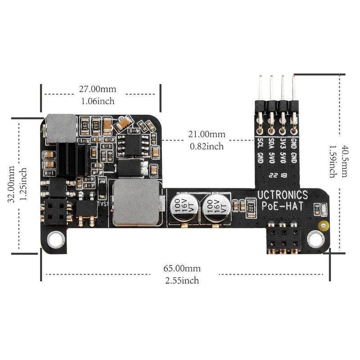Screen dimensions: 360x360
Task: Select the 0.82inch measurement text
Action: tap(207, 146)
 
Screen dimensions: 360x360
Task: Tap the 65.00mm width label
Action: tap(182, 268)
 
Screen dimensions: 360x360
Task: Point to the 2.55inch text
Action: tap(182, 280)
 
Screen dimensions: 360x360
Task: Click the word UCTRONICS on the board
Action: tap(283, 195)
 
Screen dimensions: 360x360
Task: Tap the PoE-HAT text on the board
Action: tap(283, 206)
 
